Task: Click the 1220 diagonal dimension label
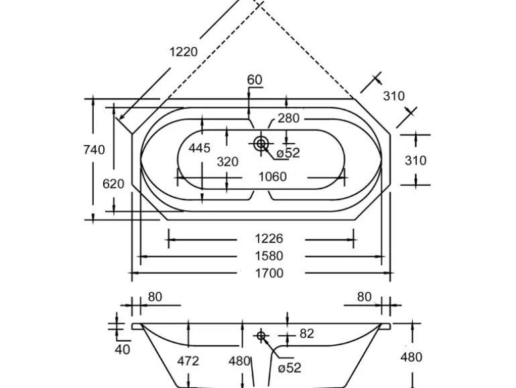184,52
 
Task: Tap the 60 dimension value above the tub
255,80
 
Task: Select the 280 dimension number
288,119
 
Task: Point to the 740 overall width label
94,150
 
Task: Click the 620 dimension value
113,183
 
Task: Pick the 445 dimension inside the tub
200,148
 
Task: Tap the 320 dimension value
228,161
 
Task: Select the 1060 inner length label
272,177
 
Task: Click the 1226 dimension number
269,238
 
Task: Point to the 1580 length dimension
269,256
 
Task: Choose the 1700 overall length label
269,273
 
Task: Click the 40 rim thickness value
122,349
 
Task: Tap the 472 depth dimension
188,361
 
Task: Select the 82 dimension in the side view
306,334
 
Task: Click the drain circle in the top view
261,143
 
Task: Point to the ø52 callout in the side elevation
289,367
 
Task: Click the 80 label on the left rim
155,297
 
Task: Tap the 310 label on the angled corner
394,96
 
